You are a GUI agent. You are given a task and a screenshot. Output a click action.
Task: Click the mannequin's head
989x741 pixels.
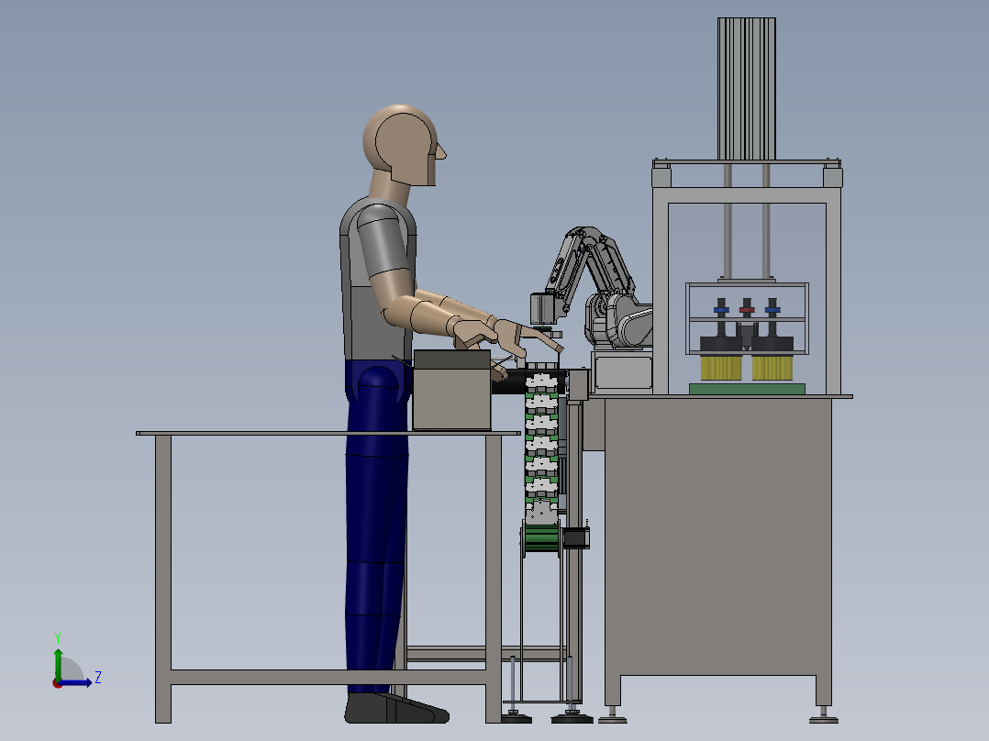tap(403, 145)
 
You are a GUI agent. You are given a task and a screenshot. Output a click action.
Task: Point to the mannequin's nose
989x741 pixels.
tap(441, 152)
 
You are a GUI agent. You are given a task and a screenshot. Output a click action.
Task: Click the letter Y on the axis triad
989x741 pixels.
tap(58, 637)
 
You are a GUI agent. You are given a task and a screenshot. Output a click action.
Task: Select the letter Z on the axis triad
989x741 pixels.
tap(98, 678)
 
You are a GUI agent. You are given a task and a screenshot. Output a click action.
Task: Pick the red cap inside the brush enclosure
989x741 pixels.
tap(747, 310)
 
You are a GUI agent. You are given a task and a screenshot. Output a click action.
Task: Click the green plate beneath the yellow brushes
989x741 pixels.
tap(747, 389)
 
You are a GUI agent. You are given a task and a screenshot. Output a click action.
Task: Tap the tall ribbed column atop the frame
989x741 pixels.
tap(746, 89)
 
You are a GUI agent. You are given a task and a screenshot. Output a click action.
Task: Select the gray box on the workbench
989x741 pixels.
tap(451, 391)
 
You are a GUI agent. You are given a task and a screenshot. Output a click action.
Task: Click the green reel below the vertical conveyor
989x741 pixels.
tap(540, 540)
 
